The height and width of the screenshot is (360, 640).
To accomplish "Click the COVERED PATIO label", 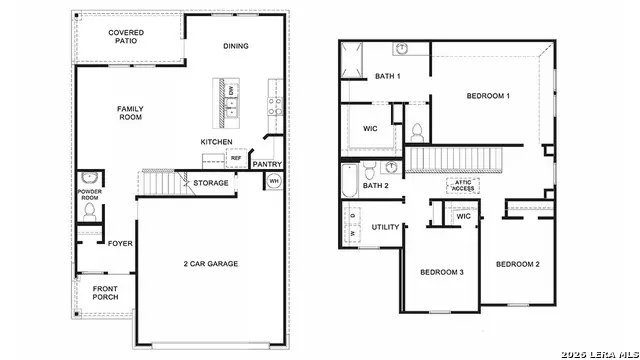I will pyautogui.click(x=127, y=37).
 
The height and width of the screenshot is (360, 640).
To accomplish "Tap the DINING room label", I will pyautogui.click(x=236, y=46).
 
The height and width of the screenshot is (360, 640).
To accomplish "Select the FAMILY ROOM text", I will pyautogui.click(x=130, y=113).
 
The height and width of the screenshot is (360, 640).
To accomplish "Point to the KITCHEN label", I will pyautogui.click(x=216, y=142).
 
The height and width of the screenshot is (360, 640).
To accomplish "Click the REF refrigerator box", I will pyautogui.click(x=236, y=158).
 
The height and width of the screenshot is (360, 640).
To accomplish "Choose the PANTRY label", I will pyautogui.click(x=267, y=164).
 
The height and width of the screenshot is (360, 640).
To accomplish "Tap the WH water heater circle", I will pyautogui.click(x=274, y=181).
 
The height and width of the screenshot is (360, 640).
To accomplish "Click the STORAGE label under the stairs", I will pyautogui.click(x=211, y=183).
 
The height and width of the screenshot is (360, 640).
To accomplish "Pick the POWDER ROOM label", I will pyautogui.click(x=90, y=195).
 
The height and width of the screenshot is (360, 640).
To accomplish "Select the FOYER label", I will pyautogui.click(x=120, y=242).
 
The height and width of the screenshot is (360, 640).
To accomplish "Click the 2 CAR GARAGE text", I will pyautogui.click(x=210, y=264).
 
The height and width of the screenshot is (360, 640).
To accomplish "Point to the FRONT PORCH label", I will pyautogui.click(x=105, y=293).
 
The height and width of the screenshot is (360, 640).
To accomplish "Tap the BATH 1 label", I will pyautogui.click(x=388, y=77).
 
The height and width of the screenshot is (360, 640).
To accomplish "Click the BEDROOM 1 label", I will pyautogui.click(x=488, y=96).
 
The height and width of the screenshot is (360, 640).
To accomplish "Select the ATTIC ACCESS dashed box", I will pyautogui.click(x=463, y=185).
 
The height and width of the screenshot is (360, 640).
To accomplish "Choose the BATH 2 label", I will pyautogui.click(x=375, y=186).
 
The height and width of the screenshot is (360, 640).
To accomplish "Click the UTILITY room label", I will pyautogui.click(x=386, y=227).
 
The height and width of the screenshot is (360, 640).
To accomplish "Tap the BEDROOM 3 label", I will pyautogui.click(x=441, y=272).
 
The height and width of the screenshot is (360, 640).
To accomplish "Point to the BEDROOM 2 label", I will pyautogui.click(x=518, y=264).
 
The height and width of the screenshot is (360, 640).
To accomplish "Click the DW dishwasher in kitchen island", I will pyautogui.click(x=231, y=91).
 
